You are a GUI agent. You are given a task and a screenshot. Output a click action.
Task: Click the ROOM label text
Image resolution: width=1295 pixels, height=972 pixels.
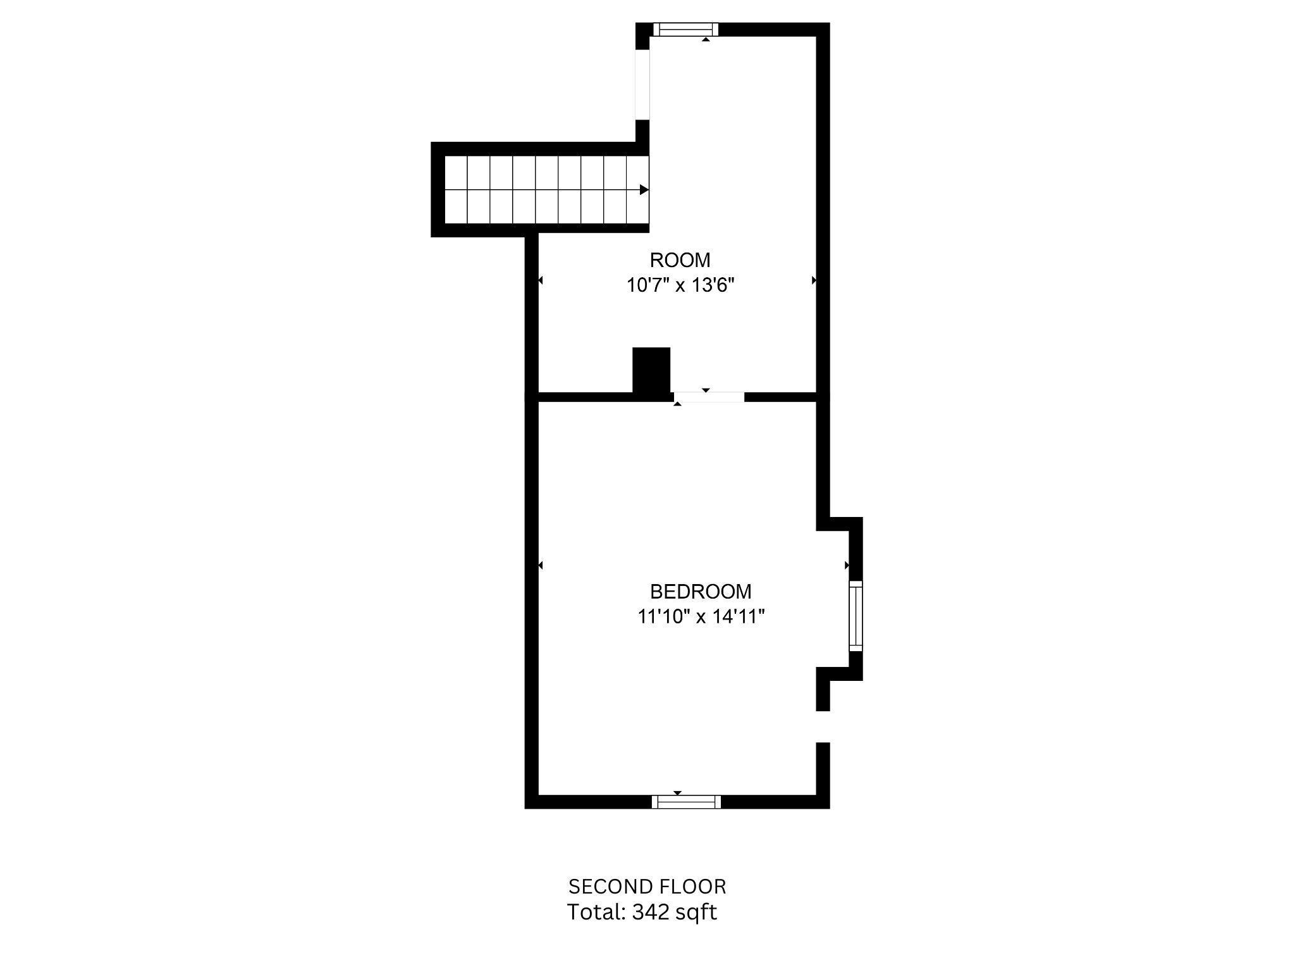[x=680, y=260]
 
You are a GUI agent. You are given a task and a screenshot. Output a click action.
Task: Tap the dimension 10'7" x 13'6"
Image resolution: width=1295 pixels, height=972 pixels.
[x=680, y=285]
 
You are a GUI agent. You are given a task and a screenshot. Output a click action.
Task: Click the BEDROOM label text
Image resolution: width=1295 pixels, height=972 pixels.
[x=701, y=592]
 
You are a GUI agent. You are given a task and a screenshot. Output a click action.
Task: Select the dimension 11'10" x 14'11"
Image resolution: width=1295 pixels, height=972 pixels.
[x=701, y=616]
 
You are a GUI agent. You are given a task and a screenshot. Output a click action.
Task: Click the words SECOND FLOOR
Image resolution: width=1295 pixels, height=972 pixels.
[x=647, y=887]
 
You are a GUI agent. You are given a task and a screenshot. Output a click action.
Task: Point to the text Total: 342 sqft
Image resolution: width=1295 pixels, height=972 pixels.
[x=642, y=912]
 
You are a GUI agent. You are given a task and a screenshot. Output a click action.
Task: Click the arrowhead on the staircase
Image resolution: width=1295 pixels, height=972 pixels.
[x=644, y=189]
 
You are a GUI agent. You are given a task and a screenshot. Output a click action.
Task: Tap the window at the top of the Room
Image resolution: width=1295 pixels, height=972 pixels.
[x=686, y=29]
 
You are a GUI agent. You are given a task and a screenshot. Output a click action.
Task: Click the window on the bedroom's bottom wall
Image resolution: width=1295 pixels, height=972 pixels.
[x=686, y=802]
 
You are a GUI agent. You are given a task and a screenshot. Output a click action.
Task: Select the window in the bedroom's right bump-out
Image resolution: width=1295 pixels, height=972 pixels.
[x=855, y=616]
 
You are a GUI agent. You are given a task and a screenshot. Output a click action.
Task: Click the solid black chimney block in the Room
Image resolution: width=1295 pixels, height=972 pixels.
[x=651, y=370]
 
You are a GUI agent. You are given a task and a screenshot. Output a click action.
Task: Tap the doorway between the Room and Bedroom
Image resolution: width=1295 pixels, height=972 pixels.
[x=709, y=397]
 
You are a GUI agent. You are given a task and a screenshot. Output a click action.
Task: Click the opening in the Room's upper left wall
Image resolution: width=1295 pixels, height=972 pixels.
[x=642, y=84]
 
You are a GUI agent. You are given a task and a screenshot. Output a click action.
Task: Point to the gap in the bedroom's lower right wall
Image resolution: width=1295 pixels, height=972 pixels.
[x=822, y=726]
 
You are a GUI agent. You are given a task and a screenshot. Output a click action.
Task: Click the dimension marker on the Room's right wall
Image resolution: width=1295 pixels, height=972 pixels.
[x=814, y=280]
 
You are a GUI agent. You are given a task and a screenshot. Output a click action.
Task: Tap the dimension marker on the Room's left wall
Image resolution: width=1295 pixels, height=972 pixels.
[x=540, y=280]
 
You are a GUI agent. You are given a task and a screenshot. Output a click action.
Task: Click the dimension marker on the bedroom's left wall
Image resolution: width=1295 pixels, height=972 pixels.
[x=540, y=564]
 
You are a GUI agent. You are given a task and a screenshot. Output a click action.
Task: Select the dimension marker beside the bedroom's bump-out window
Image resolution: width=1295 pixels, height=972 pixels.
[x=847, y=564]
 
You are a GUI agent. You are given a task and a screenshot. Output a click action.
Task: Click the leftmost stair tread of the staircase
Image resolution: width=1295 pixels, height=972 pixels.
[x=456, y=190]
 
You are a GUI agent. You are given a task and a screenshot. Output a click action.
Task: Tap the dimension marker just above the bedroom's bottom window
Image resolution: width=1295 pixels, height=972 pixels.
[x=677, y=793]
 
